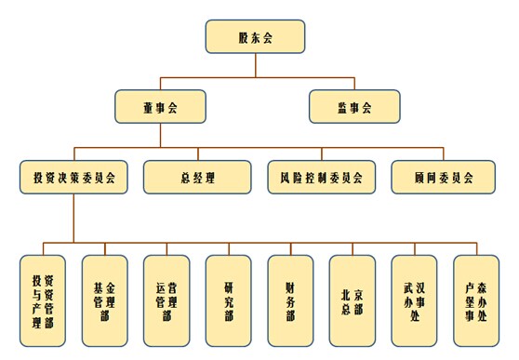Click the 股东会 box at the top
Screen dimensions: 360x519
254,37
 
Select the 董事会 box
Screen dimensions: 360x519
160,106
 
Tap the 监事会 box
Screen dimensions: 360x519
354,106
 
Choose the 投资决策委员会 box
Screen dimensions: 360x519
73,177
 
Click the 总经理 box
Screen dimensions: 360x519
197,177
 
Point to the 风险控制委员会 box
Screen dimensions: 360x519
321,177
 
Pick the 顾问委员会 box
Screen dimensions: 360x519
445,177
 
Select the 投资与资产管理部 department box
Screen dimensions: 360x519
43,300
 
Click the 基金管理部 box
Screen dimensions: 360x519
104,300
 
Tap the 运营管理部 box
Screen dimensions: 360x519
166,300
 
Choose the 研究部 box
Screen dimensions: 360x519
229,300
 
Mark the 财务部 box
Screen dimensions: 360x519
290,300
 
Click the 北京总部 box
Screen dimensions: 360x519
353,300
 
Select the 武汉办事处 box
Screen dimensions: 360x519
415,300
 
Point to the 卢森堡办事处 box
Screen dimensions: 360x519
475,300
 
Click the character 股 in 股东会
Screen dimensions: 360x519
243,37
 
